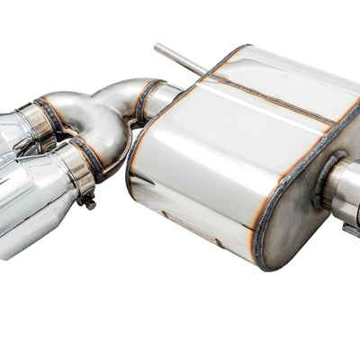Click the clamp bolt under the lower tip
pos(88,202)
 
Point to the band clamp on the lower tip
pos(77,171)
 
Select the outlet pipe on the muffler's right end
pos(344,193)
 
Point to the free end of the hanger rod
pos(157,47)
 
